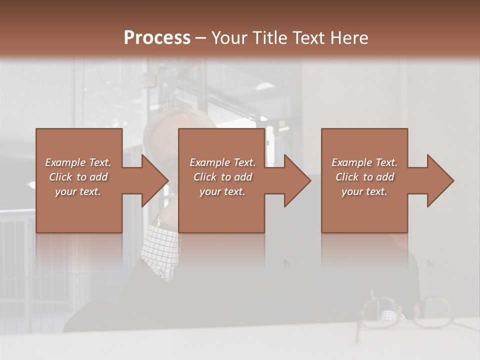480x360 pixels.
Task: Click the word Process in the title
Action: (x=157, y=38)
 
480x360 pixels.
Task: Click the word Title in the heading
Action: (x=269, y=38)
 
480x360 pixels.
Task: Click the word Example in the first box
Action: (x=65, y=162)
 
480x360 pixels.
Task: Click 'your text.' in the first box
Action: (x=78, y=191)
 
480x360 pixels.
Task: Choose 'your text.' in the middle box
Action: (x=222, y=191)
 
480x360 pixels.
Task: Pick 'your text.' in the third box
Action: (x=364, y=191)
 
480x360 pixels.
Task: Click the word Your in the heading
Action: (x=228, y=38)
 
